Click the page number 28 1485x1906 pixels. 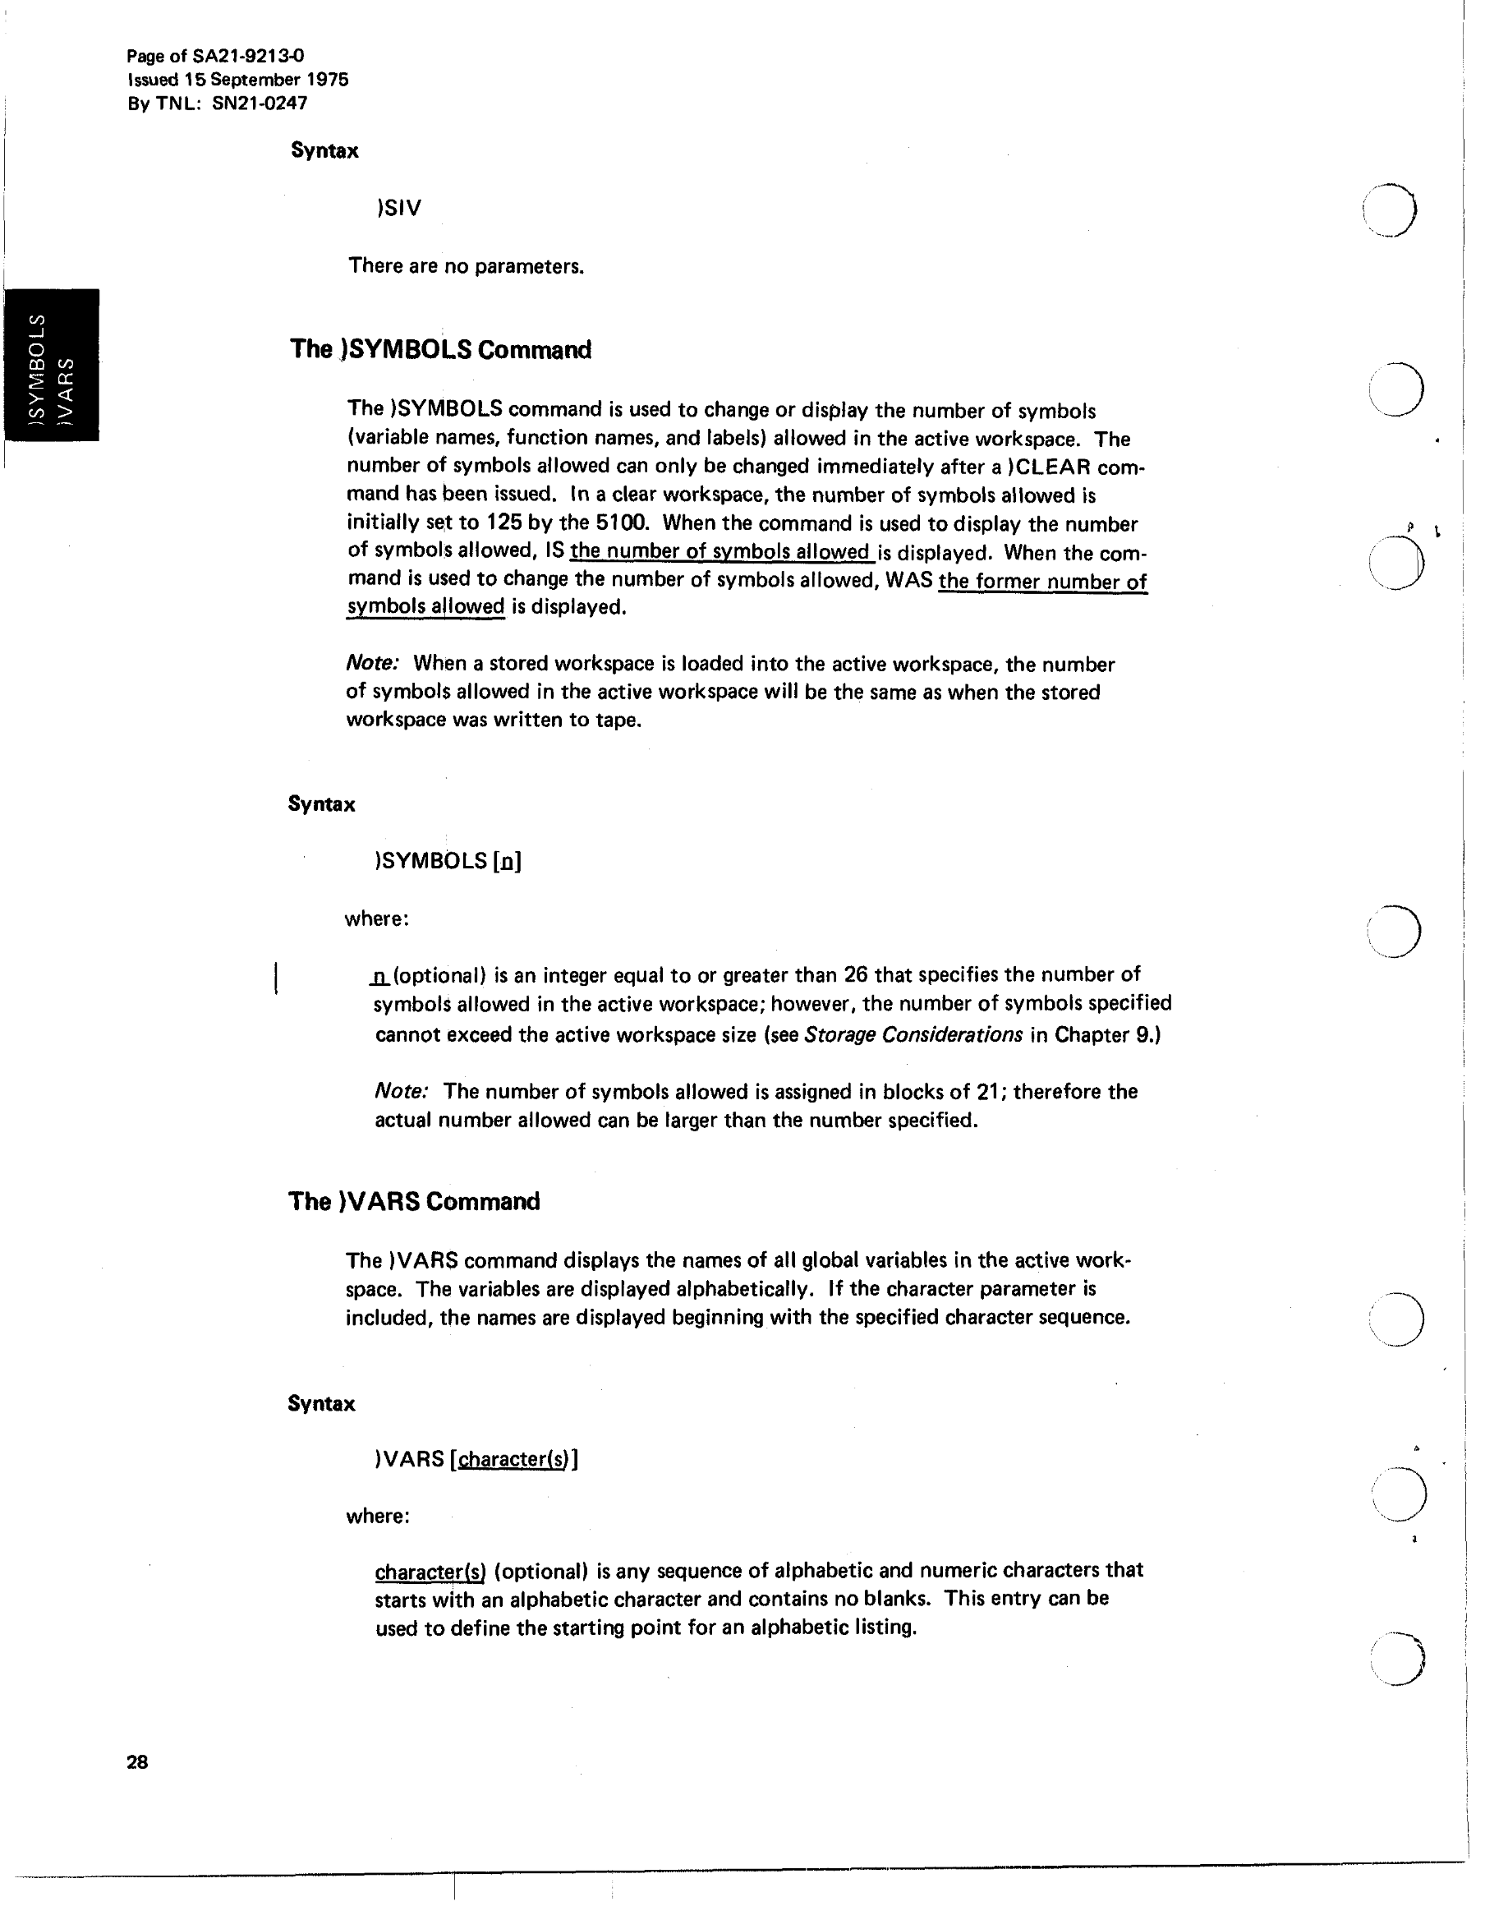pos(137,1762)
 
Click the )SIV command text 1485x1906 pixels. pos(398,209)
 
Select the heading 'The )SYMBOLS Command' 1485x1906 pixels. pos(440,350)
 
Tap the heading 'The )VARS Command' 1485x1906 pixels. pos(414,1202)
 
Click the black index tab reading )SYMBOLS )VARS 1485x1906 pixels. pos(51,365)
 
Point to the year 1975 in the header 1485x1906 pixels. pos(327,80)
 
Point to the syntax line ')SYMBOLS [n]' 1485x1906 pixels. pos(448,861)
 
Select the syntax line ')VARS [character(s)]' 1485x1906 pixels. pos(476,1459)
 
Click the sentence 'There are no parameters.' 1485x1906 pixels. pos(466,266)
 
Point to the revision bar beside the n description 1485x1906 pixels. pos(276,978)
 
